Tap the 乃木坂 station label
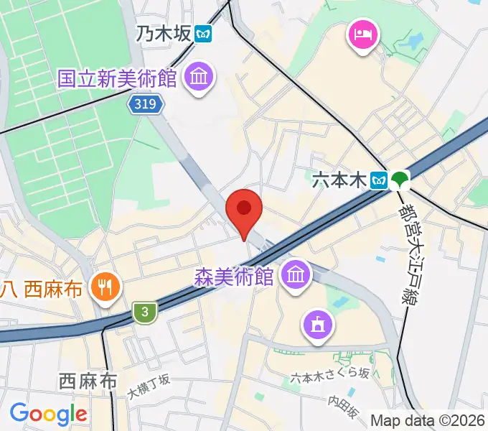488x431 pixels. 165,33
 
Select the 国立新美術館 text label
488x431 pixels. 118,78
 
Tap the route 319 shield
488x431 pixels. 146,105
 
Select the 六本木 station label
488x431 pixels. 339,180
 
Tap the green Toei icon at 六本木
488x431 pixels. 399,180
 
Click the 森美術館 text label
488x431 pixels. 234,277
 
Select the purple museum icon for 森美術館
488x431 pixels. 296,274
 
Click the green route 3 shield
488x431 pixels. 145,312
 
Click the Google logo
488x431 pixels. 48,414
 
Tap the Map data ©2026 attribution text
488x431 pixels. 426,420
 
